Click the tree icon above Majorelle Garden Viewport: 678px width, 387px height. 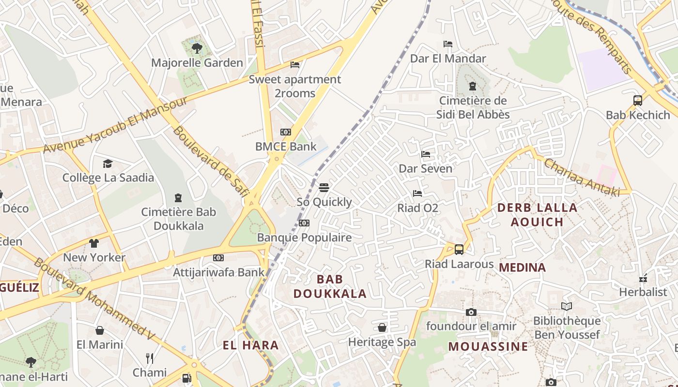point(197,48)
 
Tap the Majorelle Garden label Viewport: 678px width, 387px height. point(197,63)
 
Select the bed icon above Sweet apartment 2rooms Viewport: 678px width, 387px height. point(294,65)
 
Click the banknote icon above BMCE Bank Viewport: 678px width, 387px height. point(286,132)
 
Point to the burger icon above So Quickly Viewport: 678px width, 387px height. point(324,188)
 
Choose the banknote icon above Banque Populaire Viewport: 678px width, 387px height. point(304,223)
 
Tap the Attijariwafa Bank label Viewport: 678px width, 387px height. point(219,272)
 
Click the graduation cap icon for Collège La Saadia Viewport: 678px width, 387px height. point(108,164)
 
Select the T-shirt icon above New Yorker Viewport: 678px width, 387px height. point(94,243)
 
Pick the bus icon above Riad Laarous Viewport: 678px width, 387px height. point(459,250)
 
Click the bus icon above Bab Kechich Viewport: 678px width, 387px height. point(638,101)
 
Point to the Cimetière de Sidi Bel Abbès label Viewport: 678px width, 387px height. point(473,107)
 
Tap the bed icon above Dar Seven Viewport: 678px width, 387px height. point(426,154)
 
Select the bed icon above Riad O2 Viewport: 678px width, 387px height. point(417,193)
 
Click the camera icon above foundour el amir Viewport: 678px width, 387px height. point(471,312)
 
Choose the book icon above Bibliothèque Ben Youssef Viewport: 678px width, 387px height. point(567,306)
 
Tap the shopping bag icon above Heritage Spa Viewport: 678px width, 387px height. point(382,328)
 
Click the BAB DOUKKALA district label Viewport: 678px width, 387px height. point(330,286)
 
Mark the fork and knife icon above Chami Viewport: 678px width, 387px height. point(150,358)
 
